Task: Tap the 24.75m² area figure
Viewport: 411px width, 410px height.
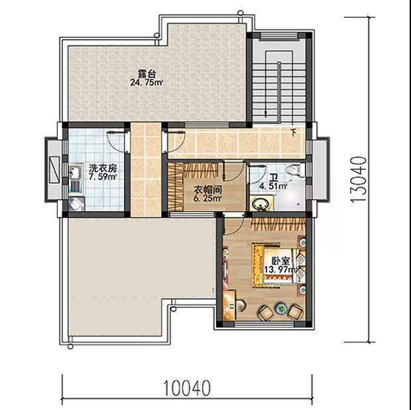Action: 147,83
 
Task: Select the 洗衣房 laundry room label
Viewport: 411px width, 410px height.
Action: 103,168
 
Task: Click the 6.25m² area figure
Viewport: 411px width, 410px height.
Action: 207,198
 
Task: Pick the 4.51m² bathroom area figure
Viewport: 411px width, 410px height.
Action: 273,186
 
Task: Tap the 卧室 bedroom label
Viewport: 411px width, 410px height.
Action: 280,261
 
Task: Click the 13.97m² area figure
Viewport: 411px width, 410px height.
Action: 280,269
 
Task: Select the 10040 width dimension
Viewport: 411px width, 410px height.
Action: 187,388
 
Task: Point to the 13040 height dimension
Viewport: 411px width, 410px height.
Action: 358,179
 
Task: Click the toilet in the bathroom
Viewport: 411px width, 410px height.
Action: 294,169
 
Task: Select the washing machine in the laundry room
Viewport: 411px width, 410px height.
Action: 76,204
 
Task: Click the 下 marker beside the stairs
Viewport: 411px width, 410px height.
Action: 294,132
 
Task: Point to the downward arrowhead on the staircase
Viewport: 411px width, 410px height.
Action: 266,114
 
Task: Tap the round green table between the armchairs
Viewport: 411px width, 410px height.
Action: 280,310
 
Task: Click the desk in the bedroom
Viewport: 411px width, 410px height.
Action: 229,305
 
